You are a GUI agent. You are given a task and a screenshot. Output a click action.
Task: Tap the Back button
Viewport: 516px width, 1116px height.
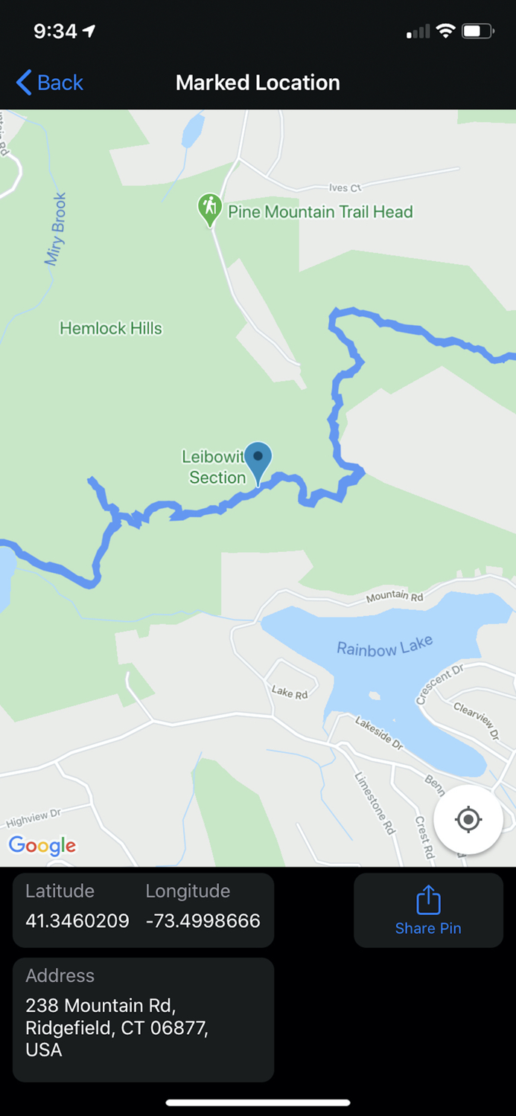[x=50, y=83]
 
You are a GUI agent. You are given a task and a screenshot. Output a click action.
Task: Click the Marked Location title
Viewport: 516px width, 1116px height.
[x=258, y=83]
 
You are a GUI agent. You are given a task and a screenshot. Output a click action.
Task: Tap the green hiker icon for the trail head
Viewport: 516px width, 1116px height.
[x=210, y=208]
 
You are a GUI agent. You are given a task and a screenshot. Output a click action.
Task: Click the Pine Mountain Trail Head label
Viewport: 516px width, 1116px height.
[x=320, y=212]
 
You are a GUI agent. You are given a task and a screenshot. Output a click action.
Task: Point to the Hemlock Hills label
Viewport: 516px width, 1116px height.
[x=111, y=328]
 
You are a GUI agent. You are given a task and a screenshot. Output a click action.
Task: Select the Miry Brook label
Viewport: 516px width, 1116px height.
[x=56, y=229]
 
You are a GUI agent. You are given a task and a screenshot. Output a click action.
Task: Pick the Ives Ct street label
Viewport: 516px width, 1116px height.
[x=345, y=188]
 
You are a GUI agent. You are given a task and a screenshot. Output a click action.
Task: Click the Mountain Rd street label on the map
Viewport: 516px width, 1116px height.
[x=395, y=595]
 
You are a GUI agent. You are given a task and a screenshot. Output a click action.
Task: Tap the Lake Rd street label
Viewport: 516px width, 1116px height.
[x=290, y=693]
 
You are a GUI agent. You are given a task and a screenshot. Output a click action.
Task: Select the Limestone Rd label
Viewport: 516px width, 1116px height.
[x=375, y=803]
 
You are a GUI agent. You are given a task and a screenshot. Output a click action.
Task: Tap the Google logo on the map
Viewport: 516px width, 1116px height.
[x=42, y=845]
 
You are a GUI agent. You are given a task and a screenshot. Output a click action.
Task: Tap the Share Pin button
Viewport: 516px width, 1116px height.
[x=428, y=910]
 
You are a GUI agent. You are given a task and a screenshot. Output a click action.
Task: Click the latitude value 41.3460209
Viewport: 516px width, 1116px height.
[x=77, y=920]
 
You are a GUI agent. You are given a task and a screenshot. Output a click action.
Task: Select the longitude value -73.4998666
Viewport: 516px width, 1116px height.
[x=203, y=920]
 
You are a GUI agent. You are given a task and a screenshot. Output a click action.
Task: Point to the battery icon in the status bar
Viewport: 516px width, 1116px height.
[x=477, y=31]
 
